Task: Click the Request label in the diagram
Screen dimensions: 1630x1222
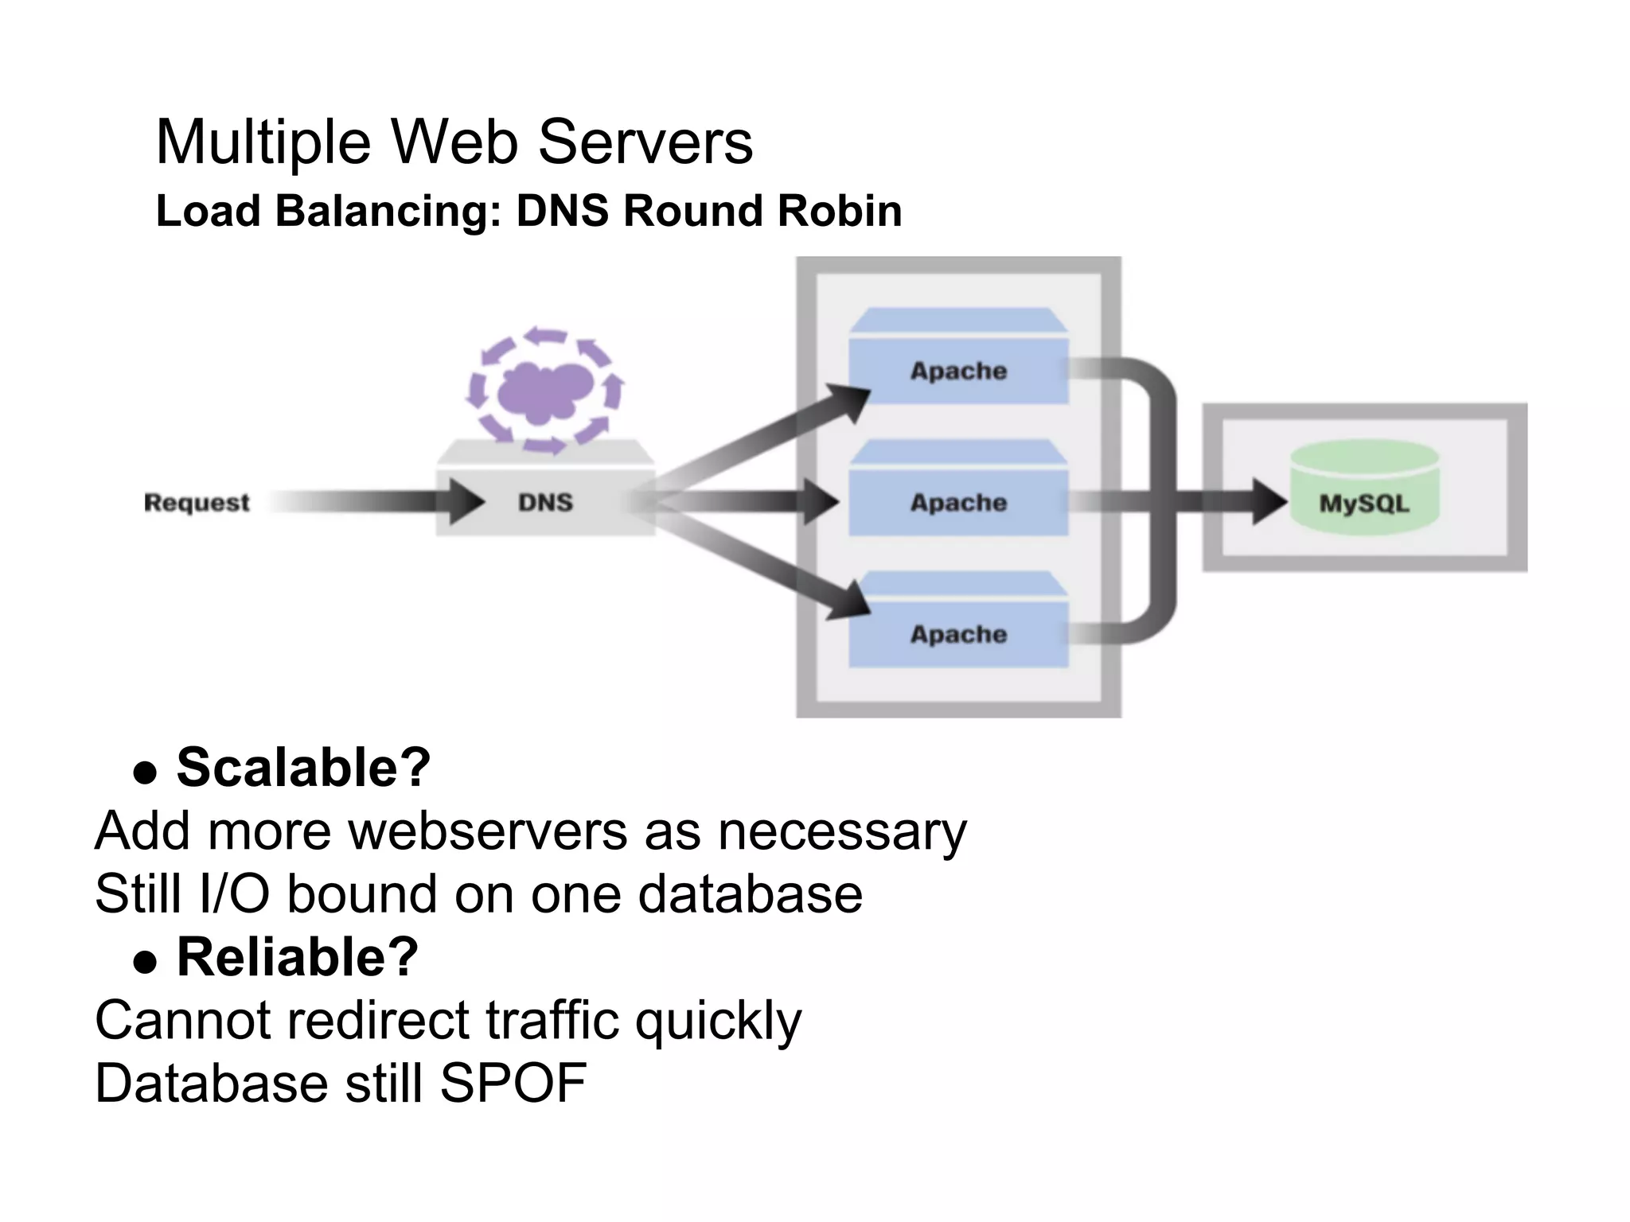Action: (197, 503)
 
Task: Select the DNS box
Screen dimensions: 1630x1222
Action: (546, 502)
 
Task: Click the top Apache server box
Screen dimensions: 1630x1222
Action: (958, 371)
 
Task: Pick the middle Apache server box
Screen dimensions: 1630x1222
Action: (958, 502)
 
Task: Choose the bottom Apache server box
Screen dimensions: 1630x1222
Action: (958, 634)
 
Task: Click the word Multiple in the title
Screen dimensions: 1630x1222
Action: (263, 142)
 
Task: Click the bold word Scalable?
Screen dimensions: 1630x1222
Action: (303, 769)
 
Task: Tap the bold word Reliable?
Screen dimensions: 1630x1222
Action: (297, 957)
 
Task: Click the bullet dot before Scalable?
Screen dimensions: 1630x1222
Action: (145, 773)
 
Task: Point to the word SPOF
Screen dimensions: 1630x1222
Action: (513, 1084)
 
